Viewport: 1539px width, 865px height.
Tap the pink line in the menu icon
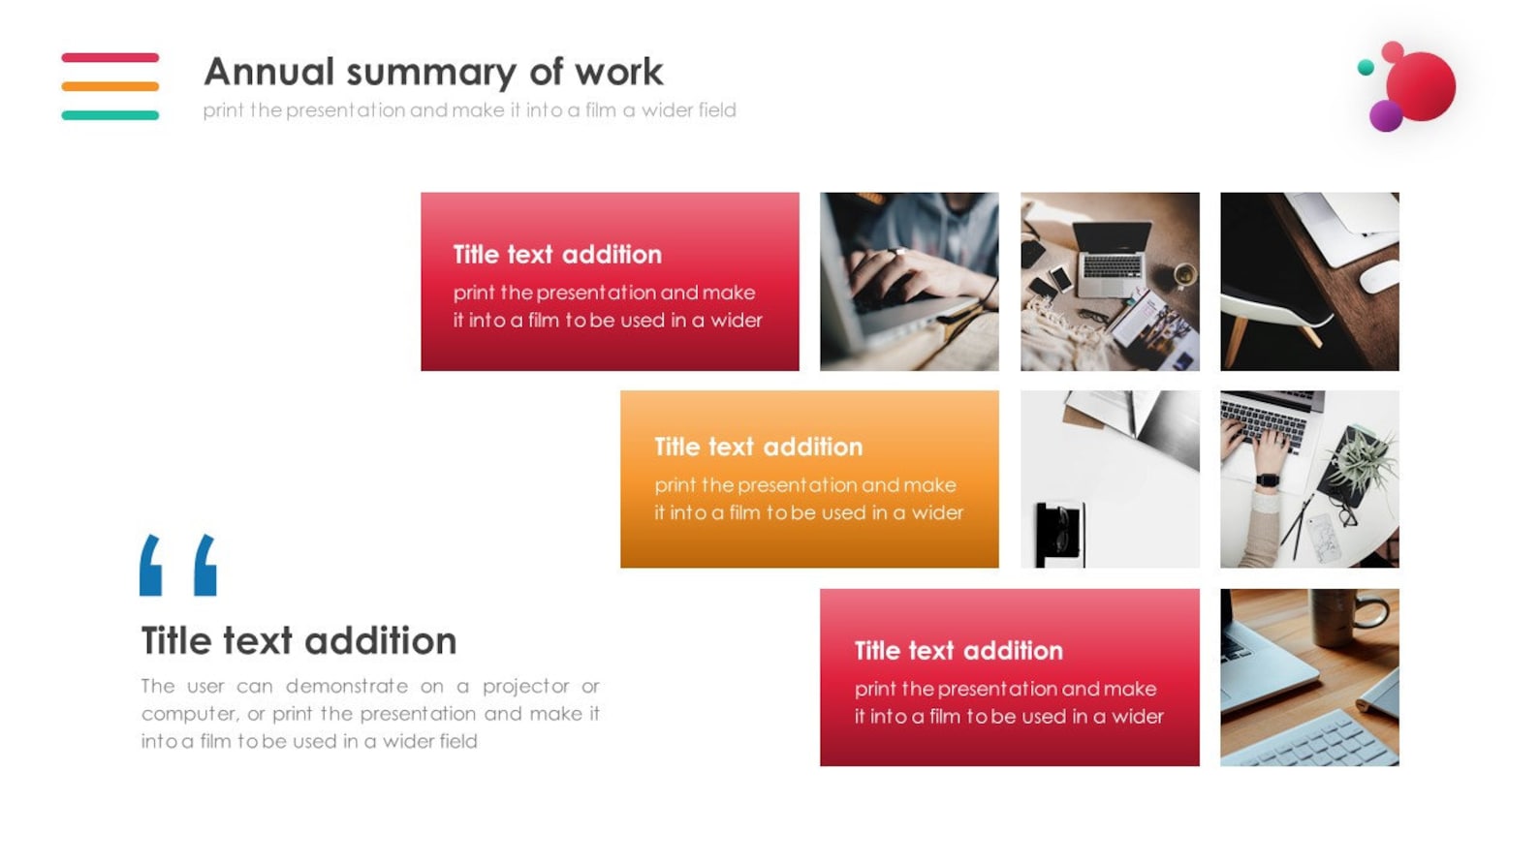click(110, 58)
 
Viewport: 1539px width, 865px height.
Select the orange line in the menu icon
click(110, 86)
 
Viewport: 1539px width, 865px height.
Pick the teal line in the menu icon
click(110, 115)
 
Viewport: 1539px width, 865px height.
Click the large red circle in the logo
click(1421, 86)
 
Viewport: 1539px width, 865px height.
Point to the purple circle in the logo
click(1386, 116)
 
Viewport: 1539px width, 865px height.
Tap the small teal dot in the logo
click(1366, 68)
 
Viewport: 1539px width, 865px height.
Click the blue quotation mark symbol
click(177, 565)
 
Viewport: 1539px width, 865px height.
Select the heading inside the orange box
click(758, 447)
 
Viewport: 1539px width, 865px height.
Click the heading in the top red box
click(557, 255)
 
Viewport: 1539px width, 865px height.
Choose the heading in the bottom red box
click(958, 651)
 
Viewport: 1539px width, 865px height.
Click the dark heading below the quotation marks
click(298, 641)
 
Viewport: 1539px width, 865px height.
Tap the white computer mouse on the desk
click(1378, 275)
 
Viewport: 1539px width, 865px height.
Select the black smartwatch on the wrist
click(1267, 479)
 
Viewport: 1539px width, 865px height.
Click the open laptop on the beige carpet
click(1113, 257)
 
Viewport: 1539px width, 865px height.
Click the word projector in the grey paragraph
click(525, 686)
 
